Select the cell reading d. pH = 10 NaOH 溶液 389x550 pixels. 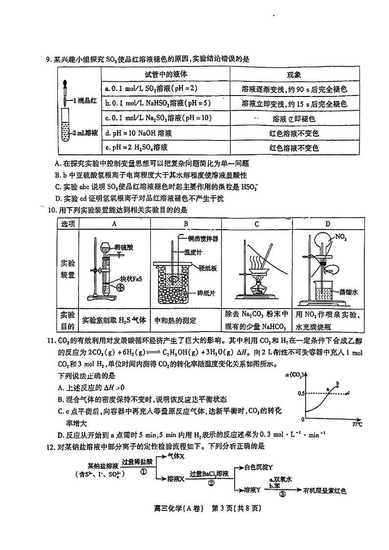139,133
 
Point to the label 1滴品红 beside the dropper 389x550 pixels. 86,100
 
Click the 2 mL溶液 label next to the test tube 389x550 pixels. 86,133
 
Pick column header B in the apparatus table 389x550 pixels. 186,224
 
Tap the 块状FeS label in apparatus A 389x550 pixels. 129,279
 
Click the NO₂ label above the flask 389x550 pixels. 341,238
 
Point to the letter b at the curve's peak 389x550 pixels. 338,383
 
